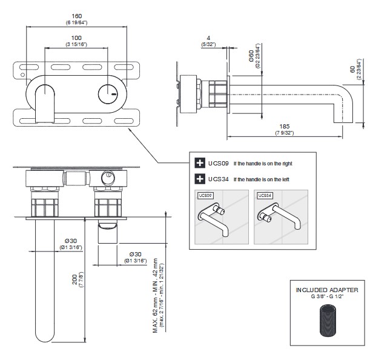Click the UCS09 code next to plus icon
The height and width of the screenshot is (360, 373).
(x=217, y=162)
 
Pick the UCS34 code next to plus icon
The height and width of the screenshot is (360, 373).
(x=217, y=179)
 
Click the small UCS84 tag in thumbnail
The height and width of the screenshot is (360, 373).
(x=263, y=196)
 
